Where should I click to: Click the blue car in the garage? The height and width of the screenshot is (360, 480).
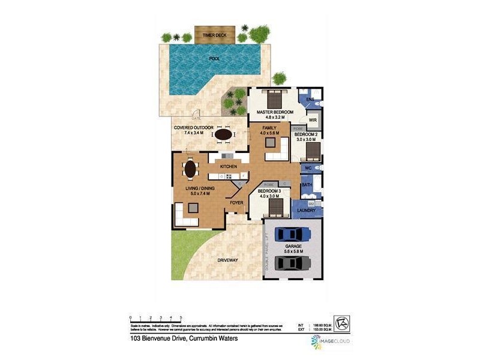[x=292, y=234]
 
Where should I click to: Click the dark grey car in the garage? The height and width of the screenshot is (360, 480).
[x=292, y=263]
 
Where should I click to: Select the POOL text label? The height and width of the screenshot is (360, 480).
[x=214, y=59]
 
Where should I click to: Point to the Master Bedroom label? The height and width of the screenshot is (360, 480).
[x=274, y=113]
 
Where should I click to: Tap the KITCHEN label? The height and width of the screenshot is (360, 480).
[x=229, y=166]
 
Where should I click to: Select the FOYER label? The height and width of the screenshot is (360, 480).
[x=236, y=203]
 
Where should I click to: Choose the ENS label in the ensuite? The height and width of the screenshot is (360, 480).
[x=310, y=98]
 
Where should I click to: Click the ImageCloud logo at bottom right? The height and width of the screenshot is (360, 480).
[x=331, y=341]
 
